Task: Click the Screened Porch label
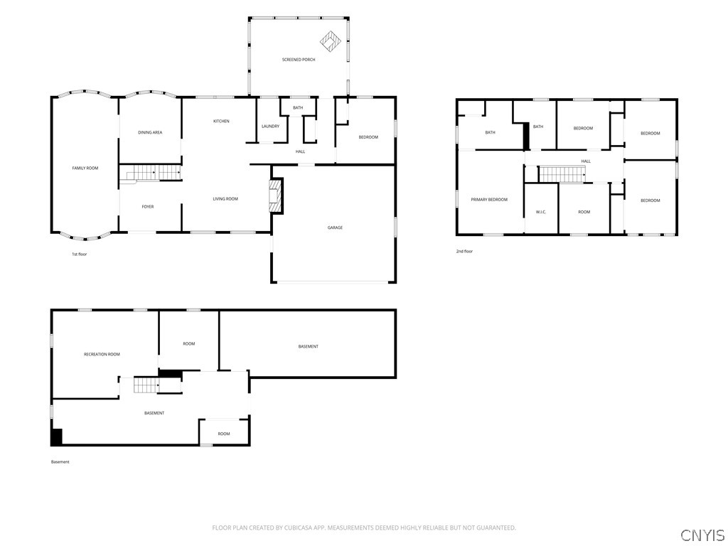pos(299,60)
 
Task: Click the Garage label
pos(335,228)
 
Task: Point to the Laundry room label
pos(270,127)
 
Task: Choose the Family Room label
pos(85,168)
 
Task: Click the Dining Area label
pos(150,133)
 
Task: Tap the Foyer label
pos(148,207)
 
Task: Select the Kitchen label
pos(221,121)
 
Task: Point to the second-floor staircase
pos(562,175)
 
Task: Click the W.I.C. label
pos(541,212)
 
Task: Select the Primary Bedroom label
pos(489,200)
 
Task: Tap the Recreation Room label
pos(102,354)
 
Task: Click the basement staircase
pos(146,385)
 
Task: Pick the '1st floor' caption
pos(79,255)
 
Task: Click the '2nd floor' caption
pos(464,252)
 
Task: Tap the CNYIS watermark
pos(702,535)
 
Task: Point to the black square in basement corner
pos(56,437)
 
